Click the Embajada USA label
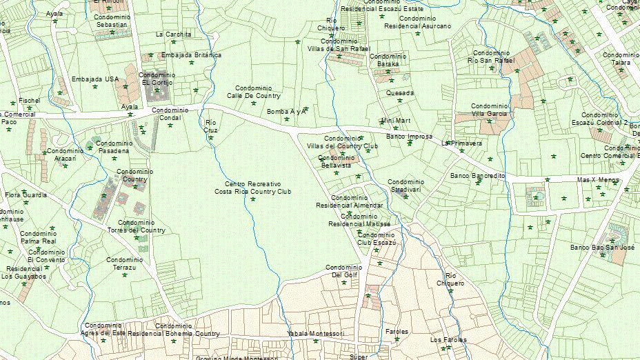pos(95,79)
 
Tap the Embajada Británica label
pos(191,55)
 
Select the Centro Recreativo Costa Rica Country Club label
pos(252,188)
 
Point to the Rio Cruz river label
pos(211,126)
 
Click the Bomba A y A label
pos(286,111)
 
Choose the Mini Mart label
pos(395,121)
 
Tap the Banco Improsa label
pos(409,137)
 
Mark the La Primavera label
pos(462,143)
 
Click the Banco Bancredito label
pos(477,176)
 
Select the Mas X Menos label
pos(598,179)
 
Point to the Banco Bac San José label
pos(602,247)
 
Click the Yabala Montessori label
pos(315,334)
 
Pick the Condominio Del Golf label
pos(343,271)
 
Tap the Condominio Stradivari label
pos(406,185)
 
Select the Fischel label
pos(30,101)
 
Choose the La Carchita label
pos(173,34)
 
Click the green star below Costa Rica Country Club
pos(253,199)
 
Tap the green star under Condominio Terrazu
pos(125,274)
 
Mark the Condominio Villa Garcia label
pos(490,110)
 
